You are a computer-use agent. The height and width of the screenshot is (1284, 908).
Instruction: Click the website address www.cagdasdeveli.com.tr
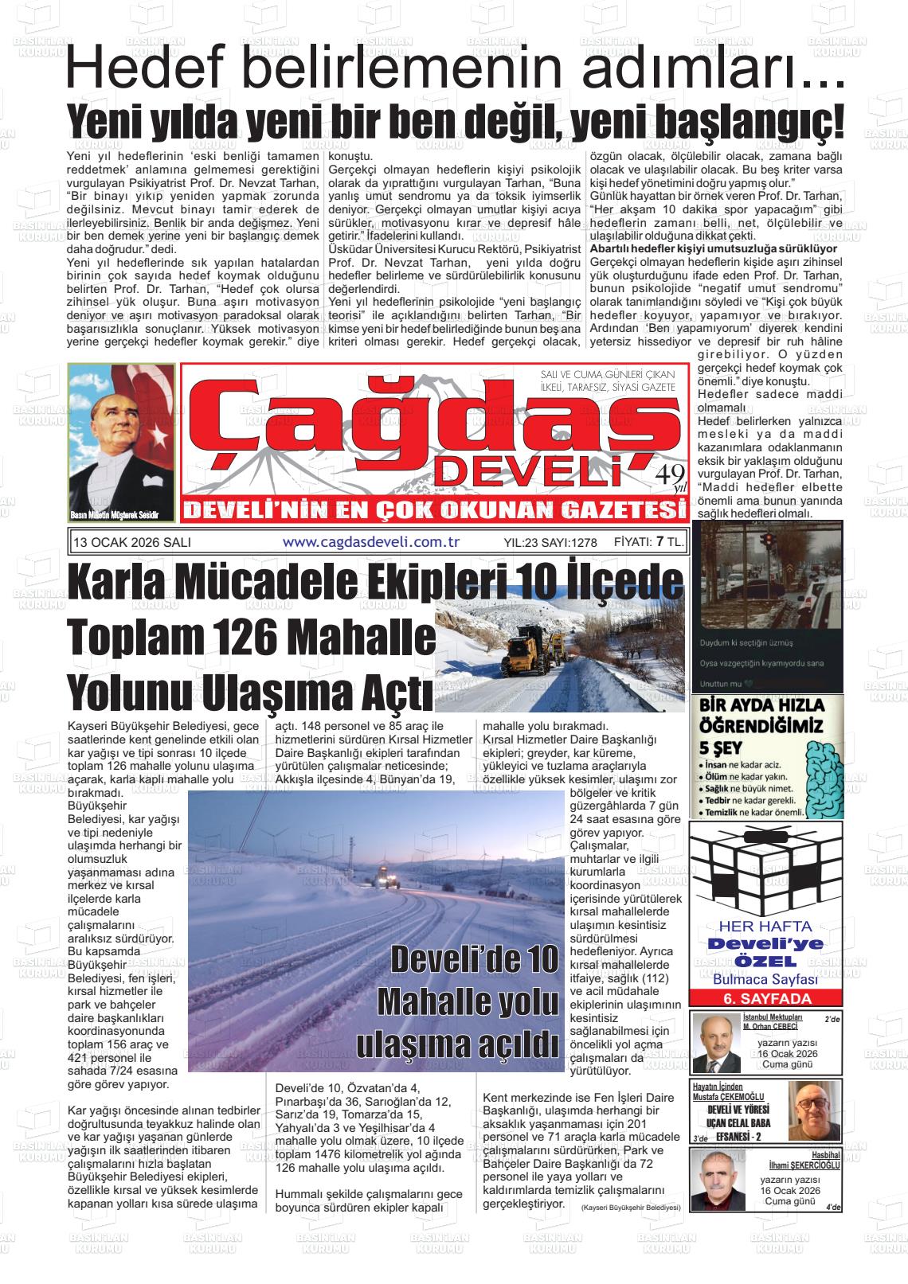tap(372, 541)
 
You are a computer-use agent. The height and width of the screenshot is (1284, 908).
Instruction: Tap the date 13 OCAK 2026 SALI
tap(132, 542)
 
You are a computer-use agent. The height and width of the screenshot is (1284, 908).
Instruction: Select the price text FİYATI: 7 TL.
tap(649, 541)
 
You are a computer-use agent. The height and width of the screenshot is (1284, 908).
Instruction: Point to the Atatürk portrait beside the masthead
tap(122, 443)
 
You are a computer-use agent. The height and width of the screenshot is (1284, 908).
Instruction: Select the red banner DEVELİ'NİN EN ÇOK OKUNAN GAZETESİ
tap(432, 509)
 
